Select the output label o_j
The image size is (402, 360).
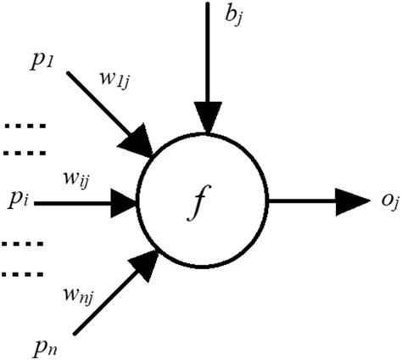click(380, 202)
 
